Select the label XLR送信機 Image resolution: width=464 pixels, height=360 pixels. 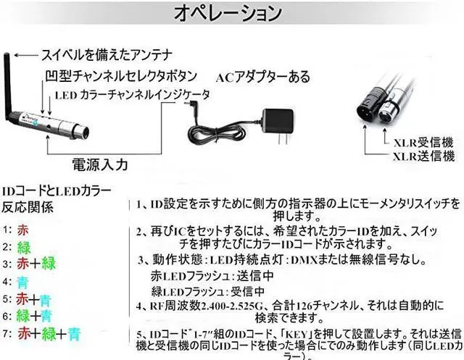[423, 157]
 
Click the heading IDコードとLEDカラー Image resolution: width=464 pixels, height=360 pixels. [57, 191]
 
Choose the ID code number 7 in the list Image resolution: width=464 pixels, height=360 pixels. [6, 334]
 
